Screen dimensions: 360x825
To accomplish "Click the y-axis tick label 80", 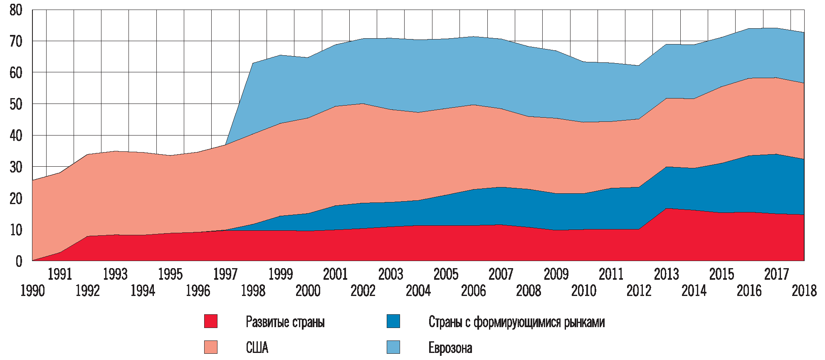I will coord(16,10).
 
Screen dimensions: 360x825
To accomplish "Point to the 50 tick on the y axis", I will coord(16,104).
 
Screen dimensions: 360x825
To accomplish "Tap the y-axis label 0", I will coord(19,261).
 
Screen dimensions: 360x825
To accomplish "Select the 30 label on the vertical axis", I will coord(16,167).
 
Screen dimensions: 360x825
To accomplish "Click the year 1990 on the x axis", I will coord(32,291).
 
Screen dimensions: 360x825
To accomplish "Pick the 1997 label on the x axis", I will coord(225,274).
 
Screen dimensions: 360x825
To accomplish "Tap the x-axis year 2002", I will coord(363,291).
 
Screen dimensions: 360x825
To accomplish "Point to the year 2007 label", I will coord(501,274).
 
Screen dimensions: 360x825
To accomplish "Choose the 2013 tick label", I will coord(666,274).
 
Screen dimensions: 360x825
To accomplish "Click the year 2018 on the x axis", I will coord(804,291).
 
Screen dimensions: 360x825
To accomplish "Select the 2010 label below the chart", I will coord(584,291).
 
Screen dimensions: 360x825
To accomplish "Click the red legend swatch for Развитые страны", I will coord(211,321).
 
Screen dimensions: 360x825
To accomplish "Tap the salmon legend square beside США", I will coord(211,347).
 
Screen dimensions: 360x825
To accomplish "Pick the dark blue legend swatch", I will coord(393,321).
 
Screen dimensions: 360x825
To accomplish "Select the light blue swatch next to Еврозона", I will coord(393,347).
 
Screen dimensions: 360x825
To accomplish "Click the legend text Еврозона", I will coord(450,348).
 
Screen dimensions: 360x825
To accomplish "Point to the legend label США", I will coord(257,348).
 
